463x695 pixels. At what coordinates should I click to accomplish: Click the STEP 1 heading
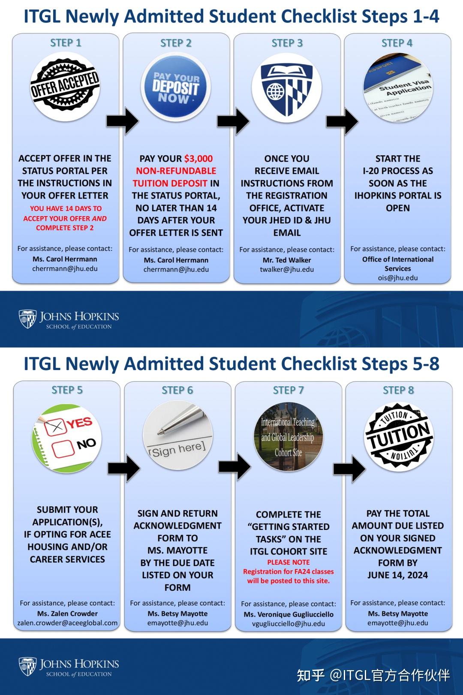tap(66, 43)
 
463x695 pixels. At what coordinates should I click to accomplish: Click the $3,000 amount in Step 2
tap(198, 159)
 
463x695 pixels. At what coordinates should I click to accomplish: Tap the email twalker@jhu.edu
tap(287, 270)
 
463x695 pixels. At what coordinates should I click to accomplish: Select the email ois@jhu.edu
tap(398, 278)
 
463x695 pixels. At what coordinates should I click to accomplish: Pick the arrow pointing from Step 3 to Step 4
tap(342, 121)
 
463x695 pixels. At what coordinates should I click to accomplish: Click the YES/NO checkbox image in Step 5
tap(67, 438)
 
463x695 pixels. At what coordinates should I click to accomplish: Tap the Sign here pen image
tap(177, 435)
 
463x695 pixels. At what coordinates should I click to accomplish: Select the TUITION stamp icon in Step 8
tap(399, 437)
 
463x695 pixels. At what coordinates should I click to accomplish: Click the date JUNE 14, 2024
tap(398, 575)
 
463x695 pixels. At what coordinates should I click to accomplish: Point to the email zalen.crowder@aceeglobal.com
tap(67, 623)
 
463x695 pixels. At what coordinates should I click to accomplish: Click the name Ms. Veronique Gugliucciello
tap(289, 614)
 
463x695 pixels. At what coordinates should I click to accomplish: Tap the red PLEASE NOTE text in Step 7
tap(289, 562)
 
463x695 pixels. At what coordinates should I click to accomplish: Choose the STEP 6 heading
tap(177, 390)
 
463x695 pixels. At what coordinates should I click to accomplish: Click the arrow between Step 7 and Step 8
tap(349, 469)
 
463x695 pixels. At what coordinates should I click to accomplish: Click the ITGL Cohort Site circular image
tap(288, 437)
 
